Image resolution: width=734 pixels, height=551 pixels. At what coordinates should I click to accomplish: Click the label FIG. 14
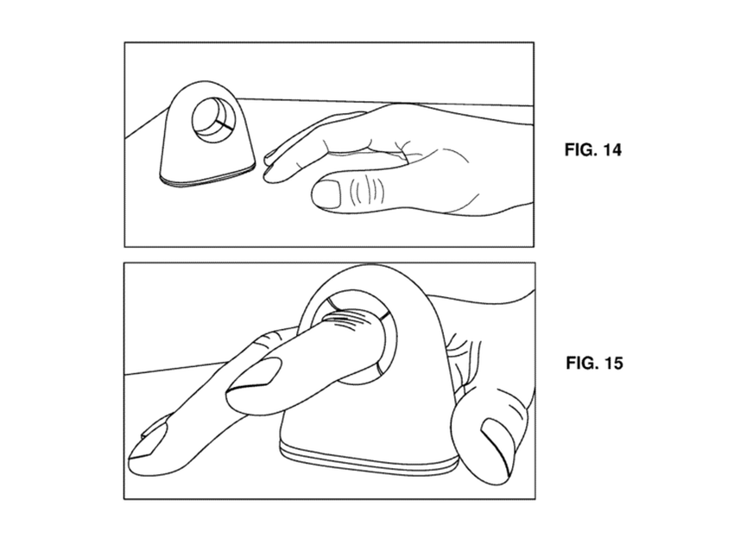point(592,149)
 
